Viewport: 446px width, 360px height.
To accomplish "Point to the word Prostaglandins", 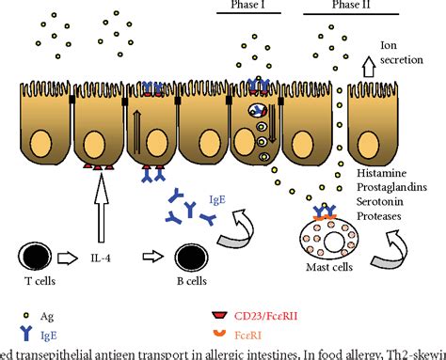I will coord(398,190).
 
